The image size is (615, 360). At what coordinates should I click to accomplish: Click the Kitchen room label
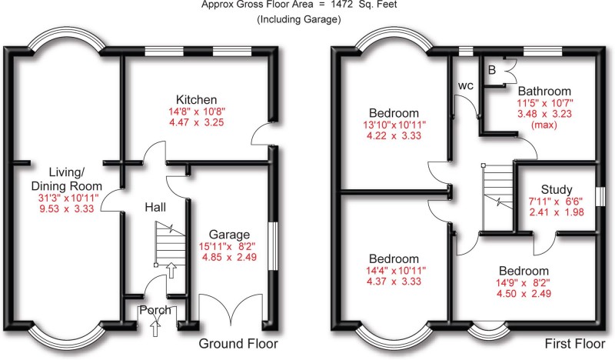(196, 100)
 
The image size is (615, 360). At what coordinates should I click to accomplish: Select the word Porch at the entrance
(155, 311)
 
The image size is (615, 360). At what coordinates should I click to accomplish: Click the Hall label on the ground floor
(157, 207)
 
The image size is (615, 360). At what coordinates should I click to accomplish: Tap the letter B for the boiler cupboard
(492, 70)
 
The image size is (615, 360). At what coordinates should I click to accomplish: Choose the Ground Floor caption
(238, 343)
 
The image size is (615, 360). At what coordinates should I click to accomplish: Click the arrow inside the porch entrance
(156, 328)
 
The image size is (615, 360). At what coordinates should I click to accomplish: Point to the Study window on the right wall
(600, 197)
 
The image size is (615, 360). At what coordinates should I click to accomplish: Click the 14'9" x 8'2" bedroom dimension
(524, 285)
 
